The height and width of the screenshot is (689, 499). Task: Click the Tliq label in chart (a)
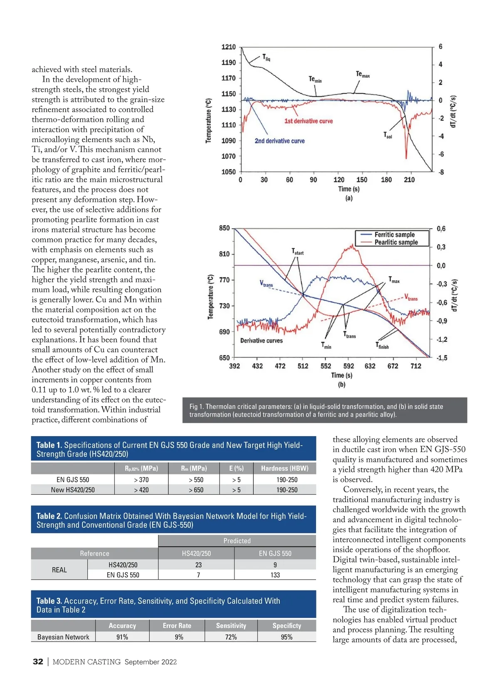266,58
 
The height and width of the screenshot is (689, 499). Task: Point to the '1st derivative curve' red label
309,121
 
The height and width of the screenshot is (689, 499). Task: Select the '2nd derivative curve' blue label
279,141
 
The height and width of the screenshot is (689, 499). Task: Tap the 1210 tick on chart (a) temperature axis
228,47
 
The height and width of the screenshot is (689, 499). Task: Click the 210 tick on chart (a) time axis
409,180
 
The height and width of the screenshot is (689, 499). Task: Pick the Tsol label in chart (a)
388,135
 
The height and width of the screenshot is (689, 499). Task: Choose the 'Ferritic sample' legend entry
395,235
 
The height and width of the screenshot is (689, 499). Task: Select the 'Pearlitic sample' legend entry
396,242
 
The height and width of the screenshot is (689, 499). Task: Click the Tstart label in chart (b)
297,252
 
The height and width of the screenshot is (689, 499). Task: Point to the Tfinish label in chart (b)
382,346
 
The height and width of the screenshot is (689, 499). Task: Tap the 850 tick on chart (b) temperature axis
224,228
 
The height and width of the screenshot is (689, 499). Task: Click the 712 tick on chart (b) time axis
416,366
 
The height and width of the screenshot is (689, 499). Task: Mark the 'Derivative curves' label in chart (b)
261,341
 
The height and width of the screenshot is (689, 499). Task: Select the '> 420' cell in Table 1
141,490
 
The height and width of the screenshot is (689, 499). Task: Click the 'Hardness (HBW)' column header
285,468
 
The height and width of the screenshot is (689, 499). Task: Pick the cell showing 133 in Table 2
275,575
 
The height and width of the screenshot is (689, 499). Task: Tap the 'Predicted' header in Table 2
237,541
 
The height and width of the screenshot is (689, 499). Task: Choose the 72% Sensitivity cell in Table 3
231,637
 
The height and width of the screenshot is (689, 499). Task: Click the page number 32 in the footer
38,662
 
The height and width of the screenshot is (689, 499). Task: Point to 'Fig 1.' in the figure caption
197,407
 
